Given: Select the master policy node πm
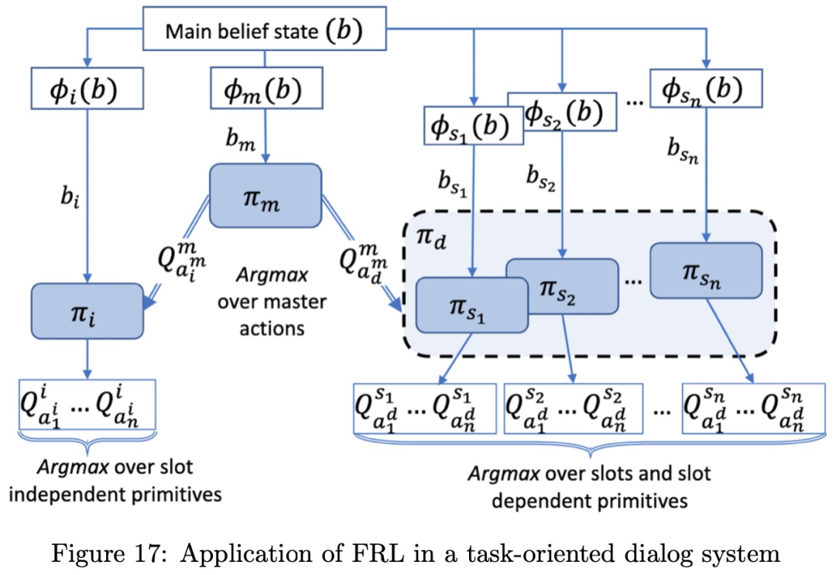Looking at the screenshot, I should pyautogui.click(x=265, y=195).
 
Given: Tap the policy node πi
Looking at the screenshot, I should pyautogui.click(x=87, y=310).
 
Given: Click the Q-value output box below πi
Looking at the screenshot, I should pyautogui.click(x=87, y=403).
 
